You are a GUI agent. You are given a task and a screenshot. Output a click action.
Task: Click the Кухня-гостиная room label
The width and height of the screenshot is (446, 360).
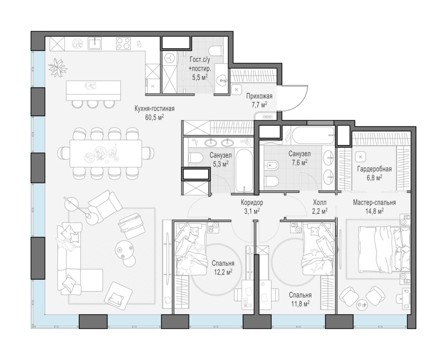point(154,109)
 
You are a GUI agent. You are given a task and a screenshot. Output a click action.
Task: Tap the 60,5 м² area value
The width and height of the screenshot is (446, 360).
point(154,118)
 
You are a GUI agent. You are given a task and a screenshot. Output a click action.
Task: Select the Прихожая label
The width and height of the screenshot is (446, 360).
point(259,96)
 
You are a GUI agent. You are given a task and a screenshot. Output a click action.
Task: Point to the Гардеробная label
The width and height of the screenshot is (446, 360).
point(374,169)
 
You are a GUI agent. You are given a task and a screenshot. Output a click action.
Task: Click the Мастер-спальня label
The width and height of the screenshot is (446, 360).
point(374,202)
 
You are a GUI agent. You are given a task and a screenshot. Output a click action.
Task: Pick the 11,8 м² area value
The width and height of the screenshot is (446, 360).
point(300,304)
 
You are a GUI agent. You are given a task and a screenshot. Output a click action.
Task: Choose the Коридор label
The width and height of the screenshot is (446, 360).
point(252,202)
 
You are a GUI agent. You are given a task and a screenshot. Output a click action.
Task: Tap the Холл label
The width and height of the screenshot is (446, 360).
point(320,202)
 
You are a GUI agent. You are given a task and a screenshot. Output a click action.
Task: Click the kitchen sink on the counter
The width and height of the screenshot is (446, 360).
point(95,44)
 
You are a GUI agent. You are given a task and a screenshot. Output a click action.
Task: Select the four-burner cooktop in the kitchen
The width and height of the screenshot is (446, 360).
point(123,44)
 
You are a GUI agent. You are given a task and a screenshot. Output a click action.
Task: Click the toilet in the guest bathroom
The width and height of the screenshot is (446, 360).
point(216,51)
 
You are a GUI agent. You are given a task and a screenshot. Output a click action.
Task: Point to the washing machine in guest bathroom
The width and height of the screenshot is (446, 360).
point(170,58)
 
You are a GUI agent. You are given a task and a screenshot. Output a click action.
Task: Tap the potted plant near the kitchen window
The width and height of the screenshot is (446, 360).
point(58,68)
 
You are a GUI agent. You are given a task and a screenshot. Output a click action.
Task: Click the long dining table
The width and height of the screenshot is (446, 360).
point(106,154)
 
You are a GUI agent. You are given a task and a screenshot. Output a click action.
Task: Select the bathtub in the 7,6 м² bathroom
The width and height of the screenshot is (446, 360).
point(313,135)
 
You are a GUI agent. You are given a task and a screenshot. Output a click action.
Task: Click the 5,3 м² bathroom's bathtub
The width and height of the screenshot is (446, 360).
point(244,171)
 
